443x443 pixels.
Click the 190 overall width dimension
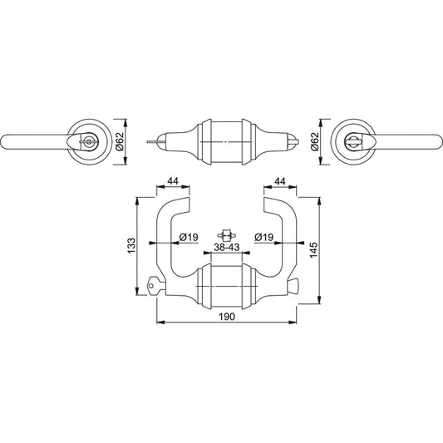[x=227, y=317]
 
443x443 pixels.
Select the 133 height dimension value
[x=131, y=246]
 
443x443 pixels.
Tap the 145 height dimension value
[x=313, y=249]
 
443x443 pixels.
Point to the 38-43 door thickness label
[x=227, y=247]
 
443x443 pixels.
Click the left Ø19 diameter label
[x=189, y=237]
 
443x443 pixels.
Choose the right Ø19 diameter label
[x=263, y=237]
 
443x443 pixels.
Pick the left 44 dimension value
[x=173, y=181]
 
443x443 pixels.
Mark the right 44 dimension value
[x=280, y=181]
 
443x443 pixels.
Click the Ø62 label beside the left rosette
[x=120, y=142]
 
